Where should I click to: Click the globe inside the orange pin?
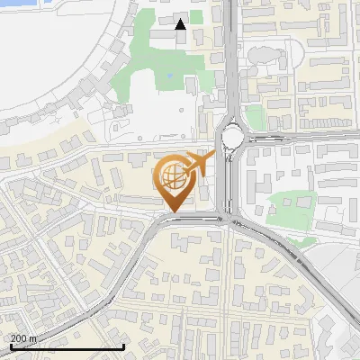pyautogui.click(x=173, y=176)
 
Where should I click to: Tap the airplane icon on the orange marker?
pyautogui.click(x=202, y=165)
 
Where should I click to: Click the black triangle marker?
pyautogui.click(x=180, y=24)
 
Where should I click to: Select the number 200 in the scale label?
pyautogui.click(x=18, y=338)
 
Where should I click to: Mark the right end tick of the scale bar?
pyautogui.click(x=123, y=346)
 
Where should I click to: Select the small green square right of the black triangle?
pyautogui.click(x=195, y=16)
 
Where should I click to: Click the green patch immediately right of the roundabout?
pyautogui.click(x=256, y=117)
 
